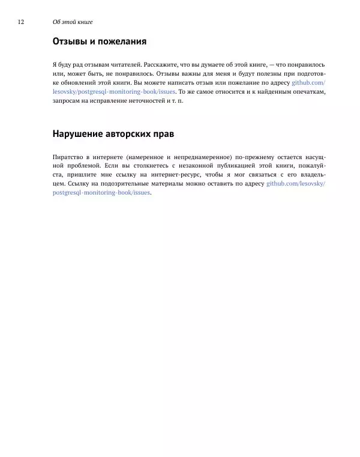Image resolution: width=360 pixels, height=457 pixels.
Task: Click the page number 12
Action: tap(21, 22)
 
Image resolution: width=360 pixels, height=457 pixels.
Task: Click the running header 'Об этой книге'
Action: tap(73, 22)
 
